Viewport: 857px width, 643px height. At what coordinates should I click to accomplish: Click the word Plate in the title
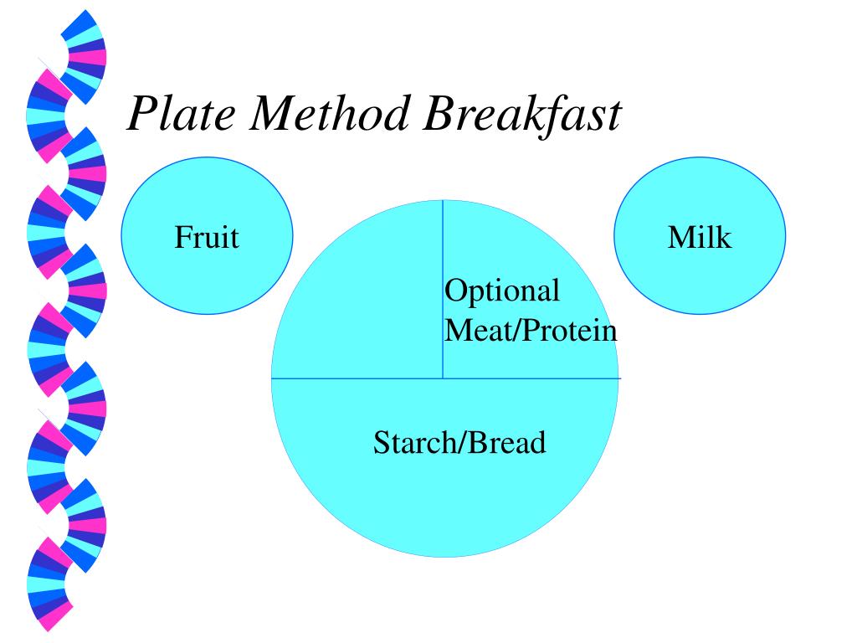181,114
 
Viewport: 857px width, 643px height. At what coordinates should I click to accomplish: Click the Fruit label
207,237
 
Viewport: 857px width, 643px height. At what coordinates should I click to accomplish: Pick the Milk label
700,237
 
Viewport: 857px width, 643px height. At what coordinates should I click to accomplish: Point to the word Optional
502,291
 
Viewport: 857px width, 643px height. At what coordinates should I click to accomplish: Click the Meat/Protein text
531,330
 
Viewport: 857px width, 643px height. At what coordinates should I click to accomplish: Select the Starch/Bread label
459,442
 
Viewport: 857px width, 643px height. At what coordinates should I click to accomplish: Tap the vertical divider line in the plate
443,251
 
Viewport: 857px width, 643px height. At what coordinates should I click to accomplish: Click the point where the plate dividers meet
443,378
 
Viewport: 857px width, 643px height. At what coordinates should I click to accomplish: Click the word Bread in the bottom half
506,442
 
